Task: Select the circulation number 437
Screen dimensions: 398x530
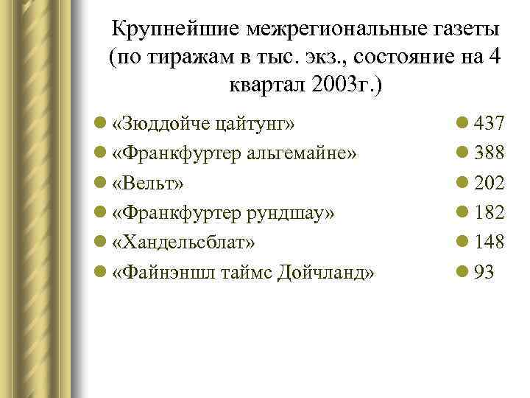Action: point(489,122)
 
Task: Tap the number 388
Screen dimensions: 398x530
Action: point(489,153)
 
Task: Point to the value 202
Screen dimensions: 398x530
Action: point(489,182)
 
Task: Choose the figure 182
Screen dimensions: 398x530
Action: point(489,212)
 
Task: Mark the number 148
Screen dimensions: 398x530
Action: point(489,242)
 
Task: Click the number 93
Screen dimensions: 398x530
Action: point(484,272)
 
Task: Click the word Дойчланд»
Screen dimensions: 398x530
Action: point(324,272)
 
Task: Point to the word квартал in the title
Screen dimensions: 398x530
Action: point(261,85)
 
